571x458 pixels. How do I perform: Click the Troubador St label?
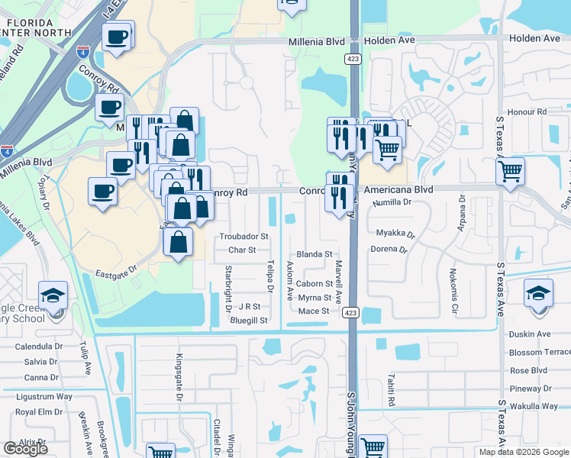pyautogui.click(x=244, y=237)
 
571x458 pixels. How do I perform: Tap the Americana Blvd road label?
pyautogui.click(x=398, y=189)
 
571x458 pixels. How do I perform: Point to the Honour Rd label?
pyautogui.click(x=531, y=111)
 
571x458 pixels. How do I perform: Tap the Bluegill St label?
pyautogui.click(x=249, y=321)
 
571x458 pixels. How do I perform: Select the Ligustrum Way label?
pyautogui.click(x=44, y=396)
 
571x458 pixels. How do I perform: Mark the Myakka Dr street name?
pyautogui.click(x=395, y=233)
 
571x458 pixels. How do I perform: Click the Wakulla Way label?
pyautogui.click(x=535, y=406)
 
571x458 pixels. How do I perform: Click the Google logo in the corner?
pyautogui.click(x=25, y=449)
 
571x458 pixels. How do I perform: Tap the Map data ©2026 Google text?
pyautogui.click(x=524, y=452)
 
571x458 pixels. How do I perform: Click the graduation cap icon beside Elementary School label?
pyautogui.click(x=53, y=295)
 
